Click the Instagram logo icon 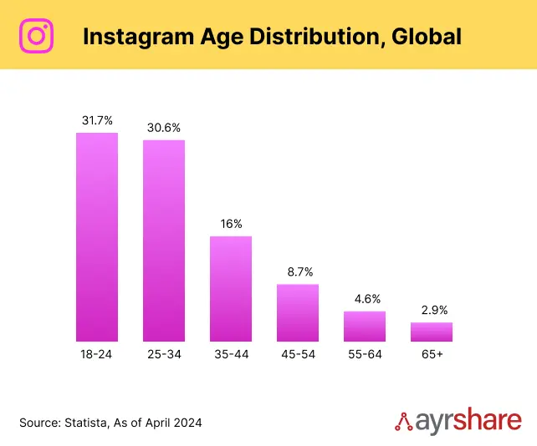coord(36,36)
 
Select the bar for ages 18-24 coord(97,236)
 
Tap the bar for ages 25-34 coord(164,241)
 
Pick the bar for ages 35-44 coord(231,288)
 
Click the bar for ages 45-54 coord(298,312)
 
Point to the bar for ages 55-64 coord(365,326)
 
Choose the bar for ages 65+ coord(432,332)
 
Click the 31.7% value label coord(97,120)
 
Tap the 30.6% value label coord(164,128)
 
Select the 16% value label coord(231,224)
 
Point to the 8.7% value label coord(298,272)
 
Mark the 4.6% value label coord(365,299)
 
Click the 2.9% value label coord(432,310)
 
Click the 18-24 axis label coord(97,355)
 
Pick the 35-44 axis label coord(231,355)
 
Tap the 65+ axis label coord(432,355)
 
